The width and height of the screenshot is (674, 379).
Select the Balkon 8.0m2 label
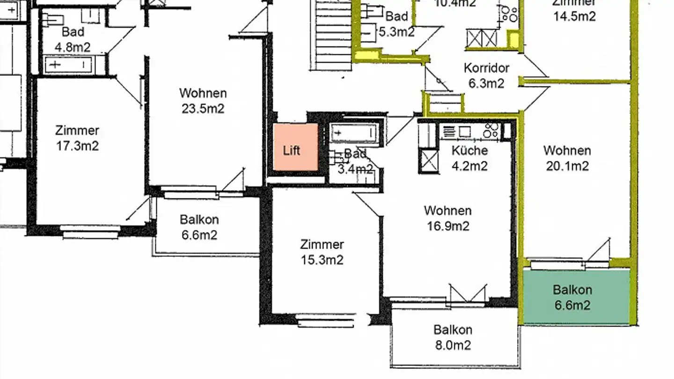(453, 337)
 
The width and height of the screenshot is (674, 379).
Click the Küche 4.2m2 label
(469, 158)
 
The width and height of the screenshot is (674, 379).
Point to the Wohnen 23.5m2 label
(203, 101)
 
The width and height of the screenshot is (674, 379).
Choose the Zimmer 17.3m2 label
(77, 138)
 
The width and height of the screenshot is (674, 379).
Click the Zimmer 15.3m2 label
(322, 252)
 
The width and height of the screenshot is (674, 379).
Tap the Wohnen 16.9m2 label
(447, 218)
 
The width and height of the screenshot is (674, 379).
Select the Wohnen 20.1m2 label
(567, 158)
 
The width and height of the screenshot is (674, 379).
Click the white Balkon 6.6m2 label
(199, 227)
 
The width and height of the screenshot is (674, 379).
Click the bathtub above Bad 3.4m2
(354, 133)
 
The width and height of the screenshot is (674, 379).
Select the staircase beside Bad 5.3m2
(333, 35)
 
